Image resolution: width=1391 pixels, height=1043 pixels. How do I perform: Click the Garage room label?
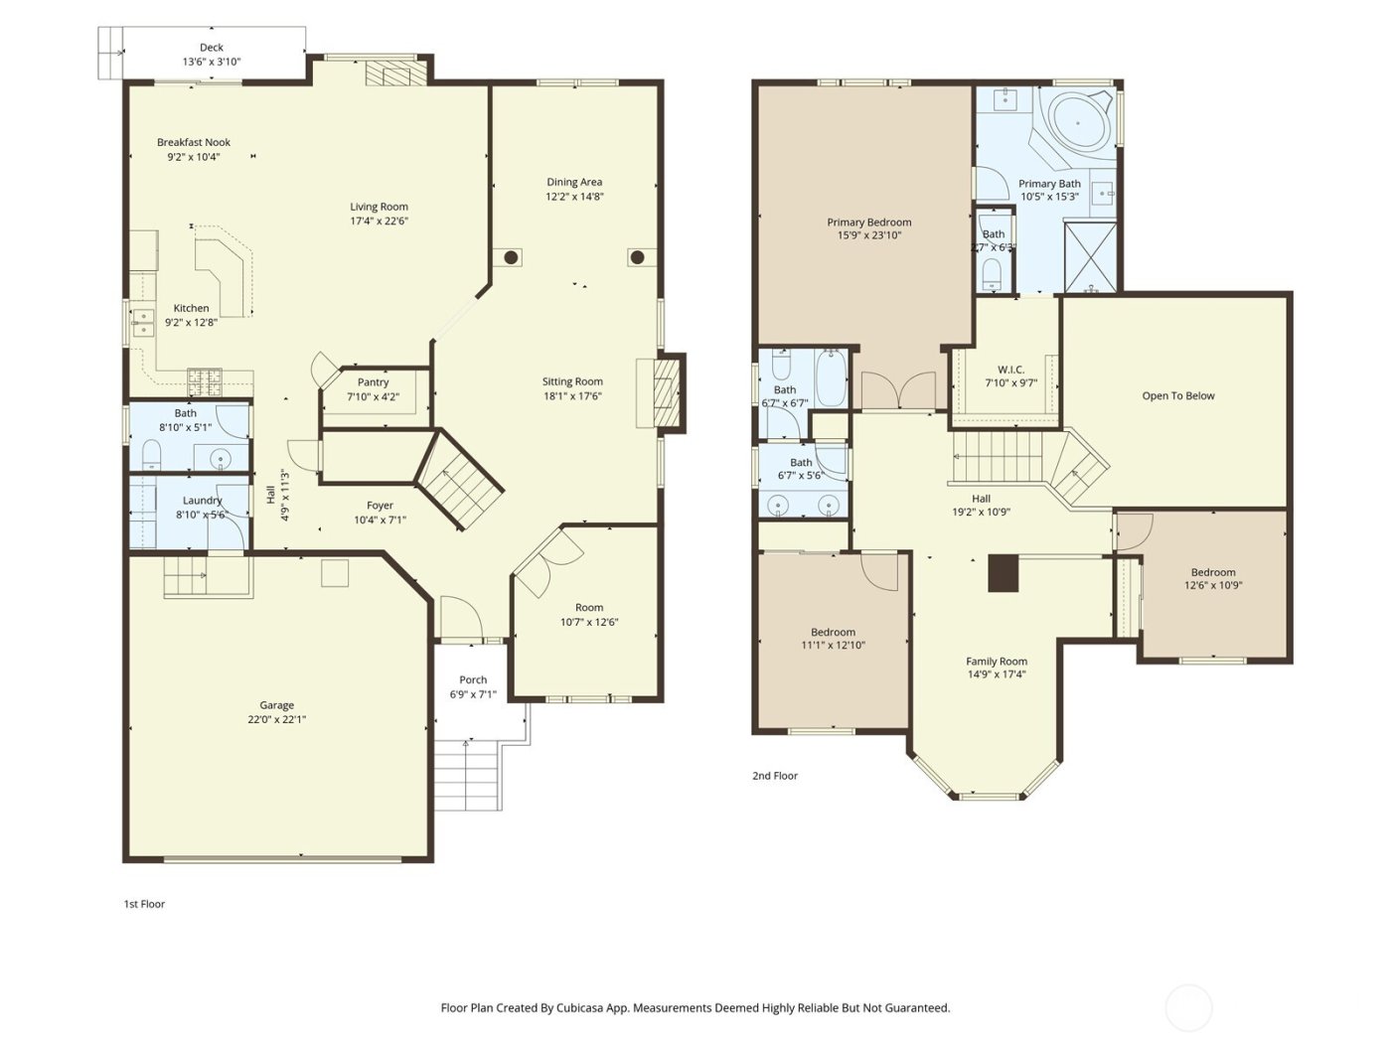[276, 705]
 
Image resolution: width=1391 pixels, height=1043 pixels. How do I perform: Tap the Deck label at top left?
[211, 48]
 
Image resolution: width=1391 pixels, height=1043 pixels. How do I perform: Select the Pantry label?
[373, 382]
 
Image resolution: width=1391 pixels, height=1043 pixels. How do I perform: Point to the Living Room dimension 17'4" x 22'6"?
[379, 222]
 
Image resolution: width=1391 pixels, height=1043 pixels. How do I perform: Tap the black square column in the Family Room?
[1003, 574]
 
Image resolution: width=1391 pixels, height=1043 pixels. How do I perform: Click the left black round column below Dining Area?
[511, 258]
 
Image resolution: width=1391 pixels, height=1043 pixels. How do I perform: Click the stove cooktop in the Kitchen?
[205, 377]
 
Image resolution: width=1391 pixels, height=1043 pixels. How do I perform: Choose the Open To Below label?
[1178, 396]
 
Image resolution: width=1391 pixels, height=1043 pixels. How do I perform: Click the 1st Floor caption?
[144, 904]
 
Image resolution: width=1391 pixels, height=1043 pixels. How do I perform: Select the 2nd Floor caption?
[774, 776]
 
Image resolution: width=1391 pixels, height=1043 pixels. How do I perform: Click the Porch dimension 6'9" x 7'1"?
[473, 694]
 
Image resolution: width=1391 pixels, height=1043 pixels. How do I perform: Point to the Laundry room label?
[202, 501]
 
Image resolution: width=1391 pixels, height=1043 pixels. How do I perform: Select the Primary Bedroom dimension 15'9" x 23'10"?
[868, 236]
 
